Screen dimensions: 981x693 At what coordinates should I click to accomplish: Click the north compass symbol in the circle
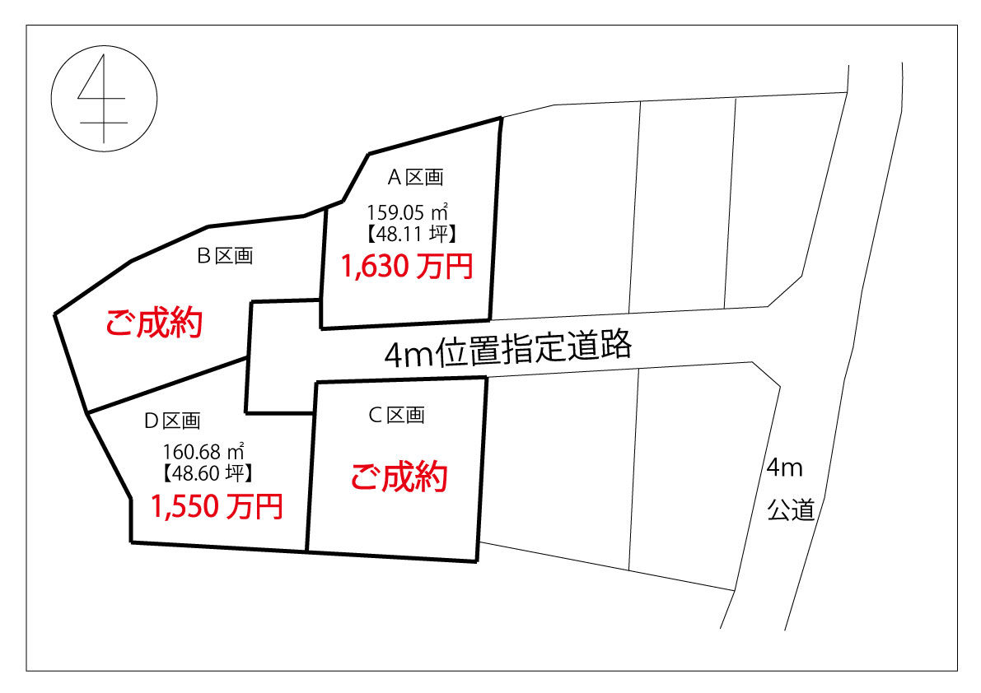click(x=104, y=99)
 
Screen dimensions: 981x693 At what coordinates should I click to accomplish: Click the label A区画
click(x=415, y=178)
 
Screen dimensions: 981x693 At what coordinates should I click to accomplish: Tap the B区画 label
click(x=225, y=256)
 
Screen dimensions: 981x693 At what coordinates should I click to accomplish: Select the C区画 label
click(x=397, y=415)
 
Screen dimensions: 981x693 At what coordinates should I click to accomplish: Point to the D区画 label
click(x=172, y=421)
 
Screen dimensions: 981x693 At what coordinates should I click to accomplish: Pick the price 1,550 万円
click(x=217, y=506)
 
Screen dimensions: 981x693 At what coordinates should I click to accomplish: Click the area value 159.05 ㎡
click(x=407, y=212)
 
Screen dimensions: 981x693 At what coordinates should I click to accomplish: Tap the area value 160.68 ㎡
click(x=203, y=451)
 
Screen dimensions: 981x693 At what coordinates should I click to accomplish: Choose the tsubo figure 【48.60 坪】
click(x=208, y=473)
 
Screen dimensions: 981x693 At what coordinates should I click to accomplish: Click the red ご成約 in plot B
click(x=154, y=323)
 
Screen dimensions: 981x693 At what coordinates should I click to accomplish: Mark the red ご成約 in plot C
click(x=399, y=477)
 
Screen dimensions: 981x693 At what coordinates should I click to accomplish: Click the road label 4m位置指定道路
click(x=508, y=350)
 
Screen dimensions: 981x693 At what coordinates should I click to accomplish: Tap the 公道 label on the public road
click(x=792, y=510)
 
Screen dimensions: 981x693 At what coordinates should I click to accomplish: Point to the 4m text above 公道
click(x=784, y=467)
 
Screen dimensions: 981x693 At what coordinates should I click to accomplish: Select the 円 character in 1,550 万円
click(x=269, y=506)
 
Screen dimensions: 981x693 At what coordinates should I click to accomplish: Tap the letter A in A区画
click(x=395, y=178)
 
